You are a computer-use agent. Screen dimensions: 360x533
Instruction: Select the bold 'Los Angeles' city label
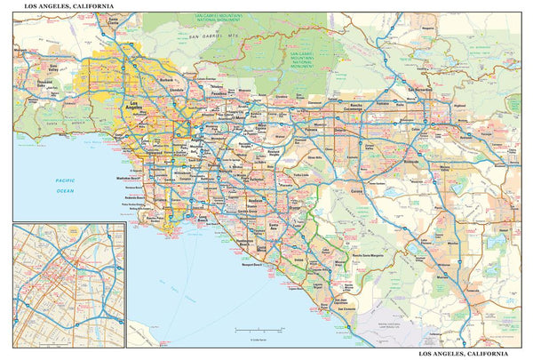click(131, 108)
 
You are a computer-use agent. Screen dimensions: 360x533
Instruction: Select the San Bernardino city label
click(418, 91)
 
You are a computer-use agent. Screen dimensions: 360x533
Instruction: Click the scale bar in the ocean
click(258, 330)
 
